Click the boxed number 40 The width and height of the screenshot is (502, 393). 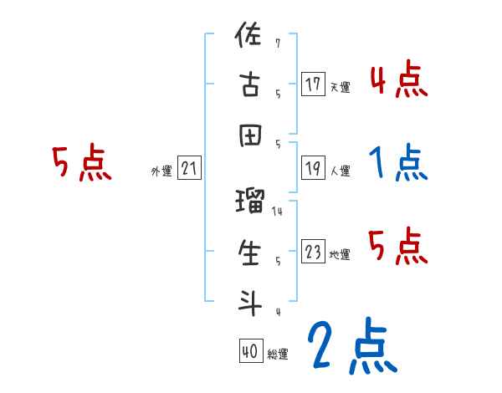(x=250, y=351)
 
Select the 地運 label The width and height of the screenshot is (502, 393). (x=341, y=255)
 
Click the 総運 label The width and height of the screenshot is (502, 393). (x=278, y=355)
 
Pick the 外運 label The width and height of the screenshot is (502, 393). (x=161, y=171)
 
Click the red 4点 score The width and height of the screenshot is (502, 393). (x=399, y=80)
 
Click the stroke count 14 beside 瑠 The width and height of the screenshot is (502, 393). (x=277, y=212)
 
